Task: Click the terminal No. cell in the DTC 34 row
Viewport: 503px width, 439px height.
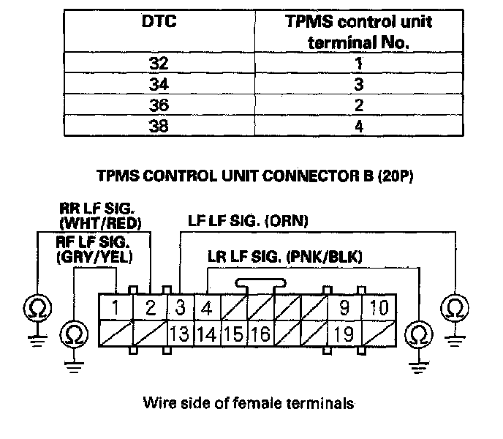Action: pos(358,83)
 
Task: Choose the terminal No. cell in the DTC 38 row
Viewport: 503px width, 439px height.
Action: pos(358,125)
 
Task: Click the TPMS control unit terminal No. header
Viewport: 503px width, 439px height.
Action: pos(358,31)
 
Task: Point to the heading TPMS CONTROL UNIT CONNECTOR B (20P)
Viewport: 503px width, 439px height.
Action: pos(251,177)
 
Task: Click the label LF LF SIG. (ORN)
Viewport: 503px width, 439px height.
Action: pos(247,219)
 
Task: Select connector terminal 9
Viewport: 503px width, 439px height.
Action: pos(344,307)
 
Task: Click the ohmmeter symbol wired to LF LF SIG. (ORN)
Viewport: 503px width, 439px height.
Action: pos(454,307)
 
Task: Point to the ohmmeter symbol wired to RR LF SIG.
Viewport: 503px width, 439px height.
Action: pos(35,307)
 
